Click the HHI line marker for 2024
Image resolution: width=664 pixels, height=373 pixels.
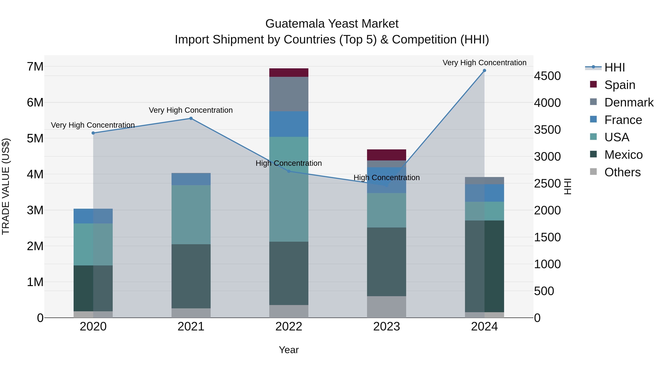pyautogui.click(x=484, y=71)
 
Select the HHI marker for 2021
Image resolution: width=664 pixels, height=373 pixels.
pyautogui.click(x=191, y=118)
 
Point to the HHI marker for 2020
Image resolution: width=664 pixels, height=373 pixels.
pyautogui.click(x=93, y=133)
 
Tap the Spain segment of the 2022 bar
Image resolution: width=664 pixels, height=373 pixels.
pyautogui.click(x=289, y=73)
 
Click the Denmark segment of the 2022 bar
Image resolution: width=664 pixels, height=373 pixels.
pyautogui.click(x=289, y=94)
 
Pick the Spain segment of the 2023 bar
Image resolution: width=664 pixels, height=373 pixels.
pyautogui.click(x=386, y=155)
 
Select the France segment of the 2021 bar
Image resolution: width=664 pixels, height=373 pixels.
pyautogui.click(x=191, y=179)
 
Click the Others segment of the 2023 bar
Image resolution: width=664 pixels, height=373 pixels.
pyautogui.click(x=386, y=307)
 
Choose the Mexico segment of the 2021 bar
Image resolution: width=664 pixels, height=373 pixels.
pyautogui.click(x=191, y=276)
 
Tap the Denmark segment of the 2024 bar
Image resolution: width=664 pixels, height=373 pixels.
pyautogui.click(x=484, y=181)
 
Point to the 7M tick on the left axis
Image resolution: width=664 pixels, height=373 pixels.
pyautogui.click(x=35, y=67)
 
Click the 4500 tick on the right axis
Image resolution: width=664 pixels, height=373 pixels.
pyautogui.click(x=547, y=76)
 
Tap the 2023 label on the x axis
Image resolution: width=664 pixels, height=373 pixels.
pyautogui.click(x=386, y=327)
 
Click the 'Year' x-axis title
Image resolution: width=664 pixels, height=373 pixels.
pyautogui.click(x=289, y=350)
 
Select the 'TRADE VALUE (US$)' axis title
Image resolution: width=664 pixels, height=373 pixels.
pyautogui.click(x=6, y=186)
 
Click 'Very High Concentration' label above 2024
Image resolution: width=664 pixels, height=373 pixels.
pyautogui.click(x=484, y=63)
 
